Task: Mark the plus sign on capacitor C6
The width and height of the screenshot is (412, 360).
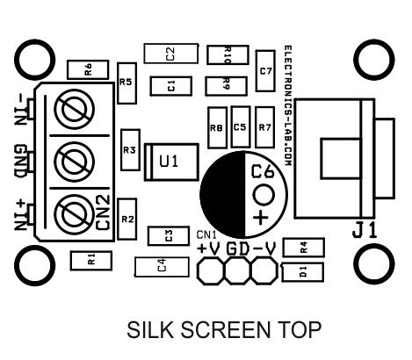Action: pyautogui.click(x=261, y=218)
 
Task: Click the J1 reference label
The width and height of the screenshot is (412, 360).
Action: pyautogui.click(x=365, y=230)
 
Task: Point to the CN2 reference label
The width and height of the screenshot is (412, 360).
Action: pyautogui.click(x=103, y=212)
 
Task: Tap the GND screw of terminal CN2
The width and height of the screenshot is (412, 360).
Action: pyautogui.click(x=75, y=162)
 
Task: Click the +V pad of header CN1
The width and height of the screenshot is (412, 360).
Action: pyautogui.click(x=211, y=270)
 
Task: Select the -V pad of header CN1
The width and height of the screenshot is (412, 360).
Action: pyautogui.click(x=264, y=270)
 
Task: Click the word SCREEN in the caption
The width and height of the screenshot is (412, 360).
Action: pyautogui.click(x=226, y=329)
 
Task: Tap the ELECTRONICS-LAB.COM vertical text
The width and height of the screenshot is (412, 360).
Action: pyautogui.click(x=288, y=105)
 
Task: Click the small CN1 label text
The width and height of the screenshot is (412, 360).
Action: pyautogui.click(x=206, y=234)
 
